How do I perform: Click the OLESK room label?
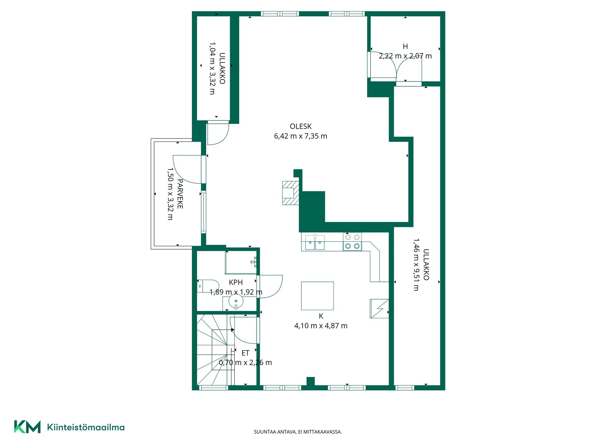[x=300, y=126]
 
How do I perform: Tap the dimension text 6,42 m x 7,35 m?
[x=300, y=136]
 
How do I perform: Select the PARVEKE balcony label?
[x=180, y=194]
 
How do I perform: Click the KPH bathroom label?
[x=236, y=282]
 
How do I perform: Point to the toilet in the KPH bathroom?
[x=208, y=286]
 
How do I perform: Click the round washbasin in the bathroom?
[x=236, y=301]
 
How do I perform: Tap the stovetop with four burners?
[x=352, y=242]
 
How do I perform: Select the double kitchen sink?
[x=315, y=242]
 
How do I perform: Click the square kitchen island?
[x=317, y=296]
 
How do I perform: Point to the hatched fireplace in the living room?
[x=291, y=193]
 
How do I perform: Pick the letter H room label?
[x=405, y=46]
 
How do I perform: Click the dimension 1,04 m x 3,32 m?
[x=212, y=68]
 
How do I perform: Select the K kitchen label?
[x=321, y=316]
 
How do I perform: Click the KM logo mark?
[x=27, y=427]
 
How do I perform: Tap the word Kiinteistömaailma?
[x=86, y=427]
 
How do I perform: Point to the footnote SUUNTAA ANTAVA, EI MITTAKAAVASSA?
[x=298, y=432]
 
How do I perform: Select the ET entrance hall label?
[x=245, y=353]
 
